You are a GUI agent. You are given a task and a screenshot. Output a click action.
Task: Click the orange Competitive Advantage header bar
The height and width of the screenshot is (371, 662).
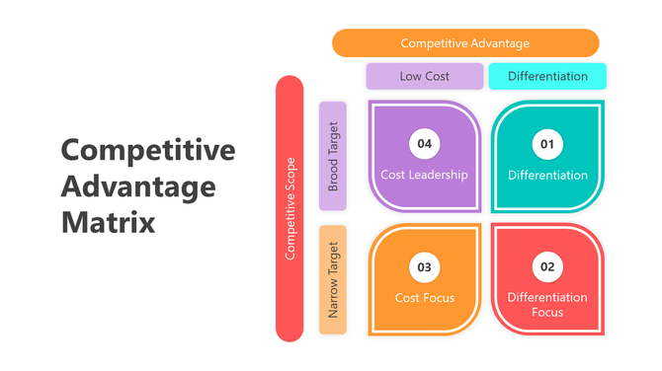[465, 43]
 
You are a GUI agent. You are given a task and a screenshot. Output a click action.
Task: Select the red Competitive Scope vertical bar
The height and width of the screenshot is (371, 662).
[290, 208]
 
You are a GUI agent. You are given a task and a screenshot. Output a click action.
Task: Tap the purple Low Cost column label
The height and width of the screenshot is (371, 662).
[425, 76]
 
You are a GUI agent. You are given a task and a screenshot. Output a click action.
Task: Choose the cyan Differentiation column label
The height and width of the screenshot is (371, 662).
[547, 76]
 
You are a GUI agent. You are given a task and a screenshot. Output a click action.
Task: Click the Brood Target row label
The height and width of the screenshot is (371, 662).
[333, 156]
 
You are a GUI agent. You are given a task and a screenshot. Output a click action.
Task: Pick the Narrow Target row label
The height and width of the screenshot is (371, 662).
[333, 279]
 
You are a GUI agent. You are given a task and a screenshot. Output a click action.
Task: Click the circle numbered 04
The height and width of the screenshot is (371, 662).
[424, 144]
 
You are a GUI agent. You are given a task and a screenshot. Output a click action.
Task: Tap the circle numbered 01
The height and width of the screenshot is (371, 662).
[547, 144]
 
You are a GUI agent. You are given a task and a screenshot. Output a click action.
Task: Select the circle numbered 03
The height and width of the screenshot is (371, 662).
[424, 267]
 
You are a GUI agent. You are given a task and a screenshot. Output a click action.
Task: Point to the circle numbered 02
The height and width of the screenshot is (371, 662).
[547, 267]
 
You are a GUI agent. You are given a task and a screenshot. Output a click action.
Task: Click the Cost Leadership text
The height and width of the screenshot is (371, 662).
[424, 176]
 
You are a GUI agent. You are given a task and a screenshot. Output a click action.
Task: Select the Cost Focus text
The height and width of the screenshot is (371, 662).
[424, 297]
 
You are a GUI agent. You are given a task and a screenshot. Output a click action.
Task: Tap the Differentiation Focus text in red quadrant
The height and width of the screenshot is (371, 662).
[547, 304]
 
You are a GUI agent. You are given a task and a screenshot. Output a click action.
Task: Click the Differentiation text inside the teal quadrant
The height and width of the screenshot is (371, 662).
[547, 176]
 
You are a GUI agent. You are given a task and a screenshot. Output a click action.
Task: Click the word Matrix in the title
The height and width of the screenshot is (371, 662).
[109, 221]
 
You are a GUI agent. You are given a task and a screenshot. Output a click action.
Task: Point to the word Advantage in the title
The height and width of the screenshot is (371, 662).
[138, 185]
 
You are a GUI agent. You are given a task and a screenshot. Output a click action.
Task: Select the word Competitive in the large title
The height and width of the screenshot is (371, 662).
[148, 150]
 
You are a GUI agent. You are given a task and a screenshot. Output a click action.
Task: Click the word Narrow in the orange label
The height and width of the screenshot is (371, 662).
[333, 297]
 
